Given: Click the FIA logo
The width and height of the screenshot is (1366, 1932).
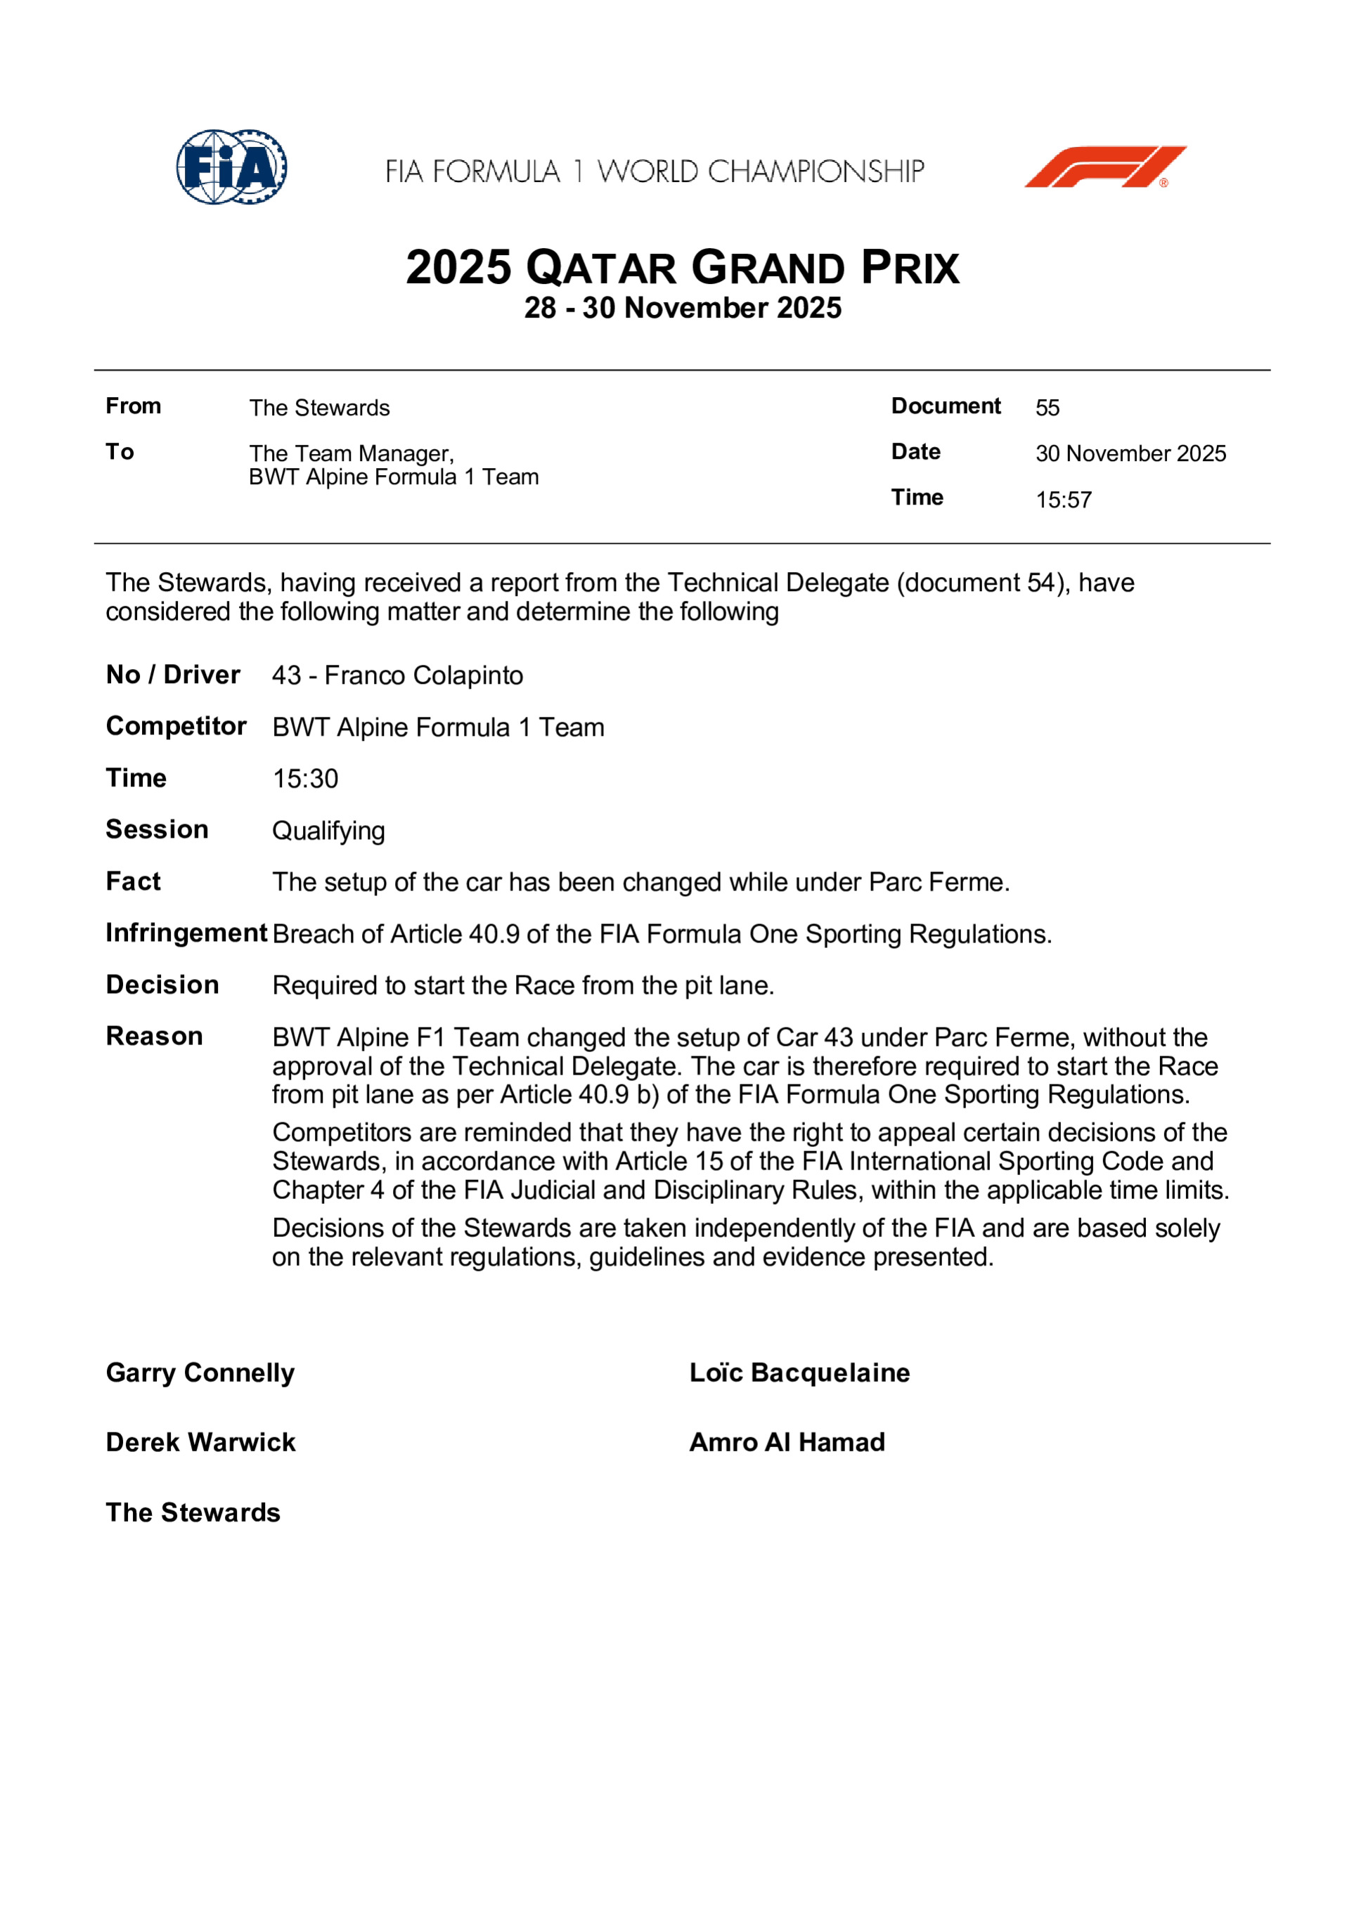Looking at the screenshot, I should tap(231, 167).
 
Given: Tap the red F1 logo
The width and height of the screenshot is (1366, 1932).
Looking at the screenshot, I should tap(1104, 167).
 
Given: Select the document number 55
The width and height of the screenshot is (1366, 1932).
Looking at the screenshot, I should tap(1047, 408).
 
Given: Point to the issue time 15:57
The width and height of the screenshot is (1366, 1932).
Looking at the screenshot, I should tap(1063, 500).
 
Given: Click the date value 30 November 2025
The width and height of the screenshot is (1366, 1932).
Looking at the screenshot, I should tap(1130, 453).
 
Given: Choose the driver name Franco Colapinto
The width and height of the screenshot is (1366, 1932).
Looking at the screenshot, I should tap(423, 675).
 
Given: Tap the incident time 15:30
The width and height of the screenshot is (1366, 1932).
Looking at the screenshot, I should tap(304, 779).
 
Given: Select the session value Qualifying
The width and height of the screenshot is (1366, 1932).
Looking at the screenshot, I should tap(328, 831).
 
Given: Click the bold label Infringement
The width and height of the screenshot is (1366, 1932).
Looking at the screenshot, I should tap(186, 933).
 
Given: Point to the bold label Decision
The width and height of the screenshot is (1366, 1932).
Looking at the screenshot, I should tap(162, 985).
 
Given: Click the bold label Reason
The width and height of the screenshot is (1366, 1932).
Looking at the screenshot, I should tap(154, 1036).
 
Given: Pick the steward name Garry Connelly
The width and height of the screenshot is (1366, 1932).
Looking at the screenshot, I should tap(200, 1373).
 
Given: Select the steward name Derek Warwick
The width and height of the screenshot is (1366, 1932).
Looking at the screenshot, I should tap(200, 1442).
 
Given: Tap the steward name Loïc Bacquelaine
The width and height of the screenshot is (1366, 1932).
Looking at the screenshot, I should tap(799, 1373).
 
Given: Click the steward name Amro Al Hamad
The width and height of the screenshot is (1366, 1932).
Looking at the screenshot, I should tap(787, 1442).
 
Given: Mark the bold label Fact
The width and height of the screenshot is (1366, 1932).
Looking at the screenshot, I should tap(133, 881).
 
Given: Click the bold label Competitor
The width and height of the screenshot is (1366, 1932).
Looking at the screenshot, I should tap(176, 726).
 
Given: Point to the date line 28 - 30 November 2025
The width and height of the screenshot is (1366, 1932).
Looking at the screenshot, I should tap(683, 308).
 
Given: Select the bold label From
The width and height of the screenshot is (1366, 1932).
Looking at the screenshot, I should tap(133, 406).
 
